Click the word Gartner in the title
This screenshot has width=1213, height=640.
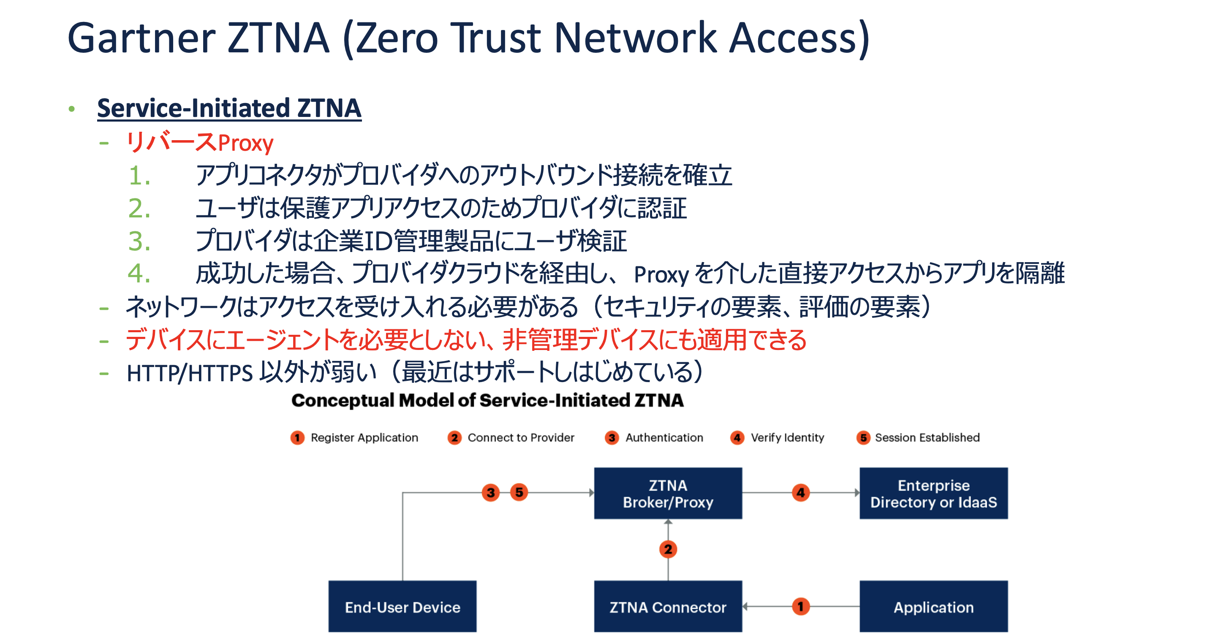tap(141, 38)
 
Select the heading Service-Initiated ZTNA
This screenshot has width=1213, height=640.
tap(229, 108)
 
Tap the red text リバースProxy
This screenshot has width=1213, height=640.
tap(200, 142)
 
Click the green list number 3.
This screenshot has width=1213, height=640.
tap(139, 241)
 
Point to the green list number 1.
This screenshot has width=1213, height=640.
tap(139, 176)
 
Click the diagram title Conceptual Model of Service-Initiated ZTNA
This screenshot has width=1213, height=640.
tap(487, 401)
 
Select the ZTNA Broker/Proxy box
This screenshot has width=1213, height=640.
tap(668, 493)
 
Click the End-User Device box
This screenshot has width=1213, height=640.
tap(402, 607)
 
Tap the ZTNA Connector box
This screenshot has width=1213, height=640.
tap(668, 607)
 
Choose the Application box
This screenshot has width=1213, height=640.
tap(933, 607)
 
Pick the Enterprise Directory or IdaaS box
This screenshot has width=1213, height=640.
tap(933, 493)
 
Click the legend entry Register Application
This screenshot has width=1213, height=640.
tap(364, 438)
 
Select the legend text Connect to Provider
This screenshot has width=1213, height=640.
tap(521, 438)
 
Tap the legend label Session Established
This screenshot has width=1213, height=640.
tap(927, 438)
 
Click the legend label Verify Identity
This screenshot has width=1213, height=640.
tap(787, 438)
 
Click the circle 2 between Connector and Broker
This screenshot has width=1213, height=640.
tap(668, 549)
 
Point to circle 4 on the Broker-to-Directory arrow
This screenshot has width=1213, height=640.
tap(800, 493)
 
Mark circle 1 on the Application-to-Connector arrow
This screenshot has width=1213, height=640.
tap(800, 606)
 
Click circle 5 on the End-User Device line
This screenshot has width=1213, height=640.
tap(519, 493)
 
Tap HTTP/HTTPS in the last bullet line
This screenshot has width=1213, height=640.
tap(190, 373)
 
